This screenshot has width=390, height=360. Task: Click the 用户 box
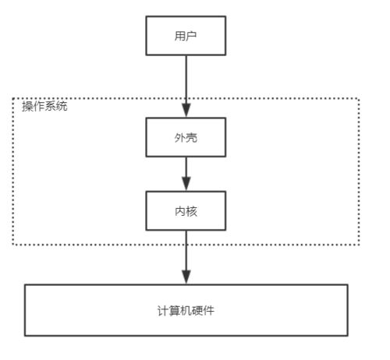(186, 36)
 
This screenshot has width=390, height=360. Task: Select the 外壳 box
(186, 137)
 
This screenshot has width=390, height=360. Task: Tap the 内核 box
(186, 210)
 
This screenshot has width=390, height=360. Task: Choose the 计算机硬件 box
(186, 310)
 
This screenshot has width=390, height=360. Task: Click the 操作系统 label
(44, 106)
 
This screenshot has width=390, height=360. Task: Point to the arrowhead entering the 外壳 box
(186, 111)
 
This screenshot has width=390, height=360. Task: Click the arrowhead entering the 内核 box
(186, 184)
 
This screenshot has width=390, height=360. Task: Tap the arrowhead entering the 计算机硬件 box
(186, 277)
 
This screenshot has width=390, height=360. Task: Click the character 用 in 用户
(179, 36)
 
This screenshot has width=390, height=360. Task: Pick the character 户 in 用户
(191, 36)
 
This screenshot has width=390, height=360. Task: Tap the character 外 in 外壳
(179, 137)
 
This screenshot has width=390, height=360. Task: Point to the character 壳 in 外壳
(192, 137)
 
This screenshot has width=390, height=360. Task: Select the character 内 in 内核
(180, 211)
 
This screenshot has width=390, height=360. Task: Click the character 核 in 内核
(192, 211)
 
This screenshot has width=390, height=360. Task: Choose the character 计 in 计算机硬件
(163, 311)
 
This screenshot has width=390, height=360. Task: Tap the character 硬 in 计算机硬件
(197, 311)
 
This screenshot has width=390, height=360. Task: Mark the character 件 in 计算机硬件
(209, 311)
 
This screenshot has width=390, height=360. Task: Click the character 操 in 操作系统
(27, 107)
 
